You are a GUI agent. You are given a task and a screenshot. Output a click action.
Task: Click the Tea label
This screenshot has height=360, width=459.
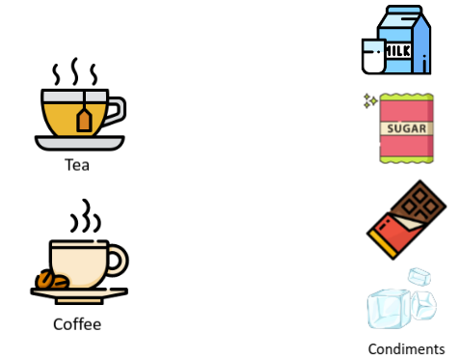pos(77,165)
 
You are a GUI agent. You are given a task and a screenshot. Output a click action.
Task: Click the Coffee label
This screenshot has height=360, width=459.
pos(77,324)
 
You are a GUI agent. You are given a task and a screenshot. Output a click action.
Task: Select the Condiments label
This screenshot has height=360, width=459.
pos(406,349)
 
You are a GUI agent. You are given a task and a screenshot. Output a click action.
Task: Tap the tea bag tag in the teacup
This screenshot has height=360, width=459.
pos(84,119)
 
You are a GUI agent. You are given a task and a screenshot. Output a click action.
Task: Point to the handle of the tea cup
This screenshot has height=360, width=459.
pos(115,111)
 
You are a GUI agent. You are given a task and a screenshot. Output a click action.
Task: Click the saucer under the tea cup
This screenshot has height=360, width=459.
pos(79,143)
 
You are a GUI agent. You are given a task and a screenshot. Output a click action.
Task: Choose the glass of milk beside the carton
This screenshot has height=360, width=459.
pos(372,56)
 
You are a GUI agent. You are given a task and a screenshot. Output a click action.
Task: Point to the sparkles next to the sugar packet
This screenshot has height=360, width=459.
pos(369,100)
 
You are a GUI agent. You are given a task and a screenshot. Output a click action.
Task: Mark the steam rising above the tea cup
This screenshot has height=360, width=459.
pos(73,73)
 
